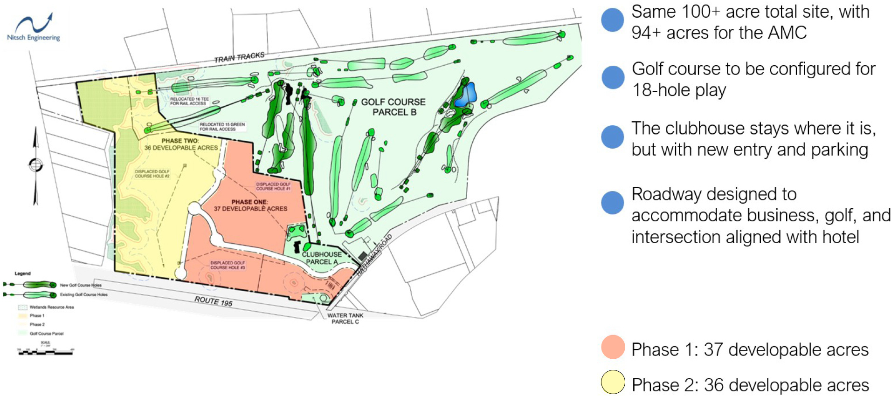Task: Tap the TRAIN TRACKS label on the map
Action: click(239, 57)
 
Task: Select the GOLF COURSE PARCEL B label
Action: click(393, 107)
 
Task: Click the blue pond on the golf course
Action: click(466, 95)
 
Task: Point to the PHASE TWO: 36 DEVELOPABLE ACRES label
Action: click(181, 144)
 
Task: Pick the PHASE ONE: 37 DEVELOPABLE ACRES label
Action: click(250, 205)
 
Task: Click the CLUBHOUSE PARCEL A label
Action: click(321, 258)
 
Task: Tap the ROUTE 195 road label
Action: click(214, 301)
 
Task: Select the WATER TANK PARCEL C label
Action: click(345, 319)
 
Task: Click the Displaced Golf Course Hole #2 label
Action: click(152, 174)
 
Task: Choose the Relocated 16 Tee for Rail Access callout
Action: click(189, 101)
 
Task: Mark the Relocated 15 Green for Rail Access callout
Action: click(222, 127)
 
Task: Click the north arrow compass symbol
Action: click(36, 165)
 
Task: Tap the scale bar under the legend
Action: click(45, 352)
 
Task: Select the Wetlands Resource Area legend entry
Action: click(47, 307)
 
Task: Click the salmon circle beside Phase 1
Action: click(613, 347)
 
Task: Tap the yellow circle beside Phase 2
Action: click(613, 382)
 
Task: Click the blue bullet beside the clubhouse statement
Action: click(613, 137)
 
